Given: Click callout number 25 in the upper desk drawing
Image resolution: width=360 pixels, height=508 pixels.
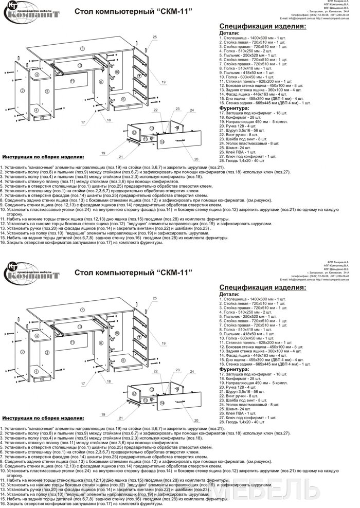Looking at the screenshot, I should [155, 37].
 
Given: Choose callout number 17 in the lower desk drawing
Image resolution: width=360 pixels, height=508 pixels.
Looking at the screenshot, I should [82, 384].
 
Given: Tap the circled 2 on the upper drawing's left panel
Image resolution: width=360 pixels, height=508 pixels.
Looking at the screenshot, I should [22, 90].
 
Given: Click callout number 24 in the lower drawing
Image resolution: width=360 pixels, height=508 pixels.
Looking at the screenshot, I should [191, 372].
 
